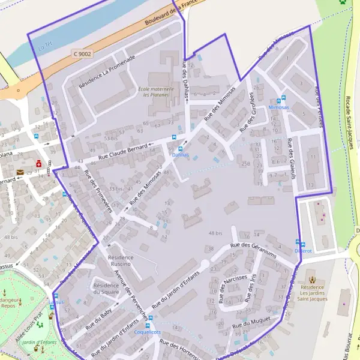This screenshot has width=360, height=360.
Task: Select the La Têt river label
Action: point(45,44)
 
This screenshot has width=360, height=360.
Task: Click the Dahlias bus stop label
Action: point(180,154)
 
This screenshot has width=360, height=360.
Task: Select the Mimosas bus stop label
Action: point(278,106)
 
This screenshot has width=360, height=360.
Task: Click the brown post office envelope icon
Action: point(20,173)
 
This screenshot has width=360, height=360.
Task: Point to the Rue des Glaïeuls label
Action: point(291,158)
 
